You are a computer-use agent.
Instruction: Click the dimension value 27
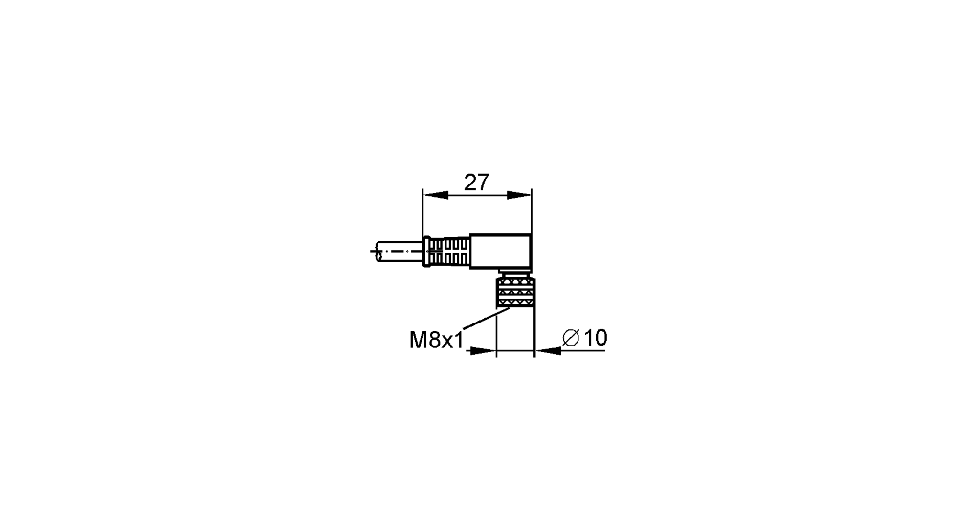[476, 183]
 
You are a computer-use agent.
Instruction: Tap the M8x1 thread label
[436, 340]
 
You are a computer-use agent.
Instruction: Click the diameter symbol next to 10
[571, 338]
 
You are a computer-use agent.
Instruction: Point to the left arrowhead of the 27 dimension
[436, 195]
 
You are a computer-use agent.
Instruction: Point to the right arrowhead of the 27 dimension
[519, 195]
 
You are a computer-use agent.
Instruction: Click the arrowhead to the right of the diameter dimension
[548, 351]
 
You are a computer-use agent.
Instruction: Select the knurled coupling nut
[516, 293]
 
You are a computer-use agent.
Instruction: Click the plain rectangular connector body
[500, 252]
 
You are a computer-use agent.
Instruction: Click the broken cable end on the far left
[378, 252]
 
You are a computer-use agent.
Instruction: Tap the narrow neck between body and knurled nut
[514, 273]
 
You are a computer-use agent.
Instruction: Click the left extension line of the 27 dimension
[423, 215]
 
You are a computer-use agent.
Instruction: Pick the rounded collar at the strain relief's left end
[426, 252]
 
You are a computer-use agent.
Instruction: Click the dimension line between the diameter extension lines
[515, 351]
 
